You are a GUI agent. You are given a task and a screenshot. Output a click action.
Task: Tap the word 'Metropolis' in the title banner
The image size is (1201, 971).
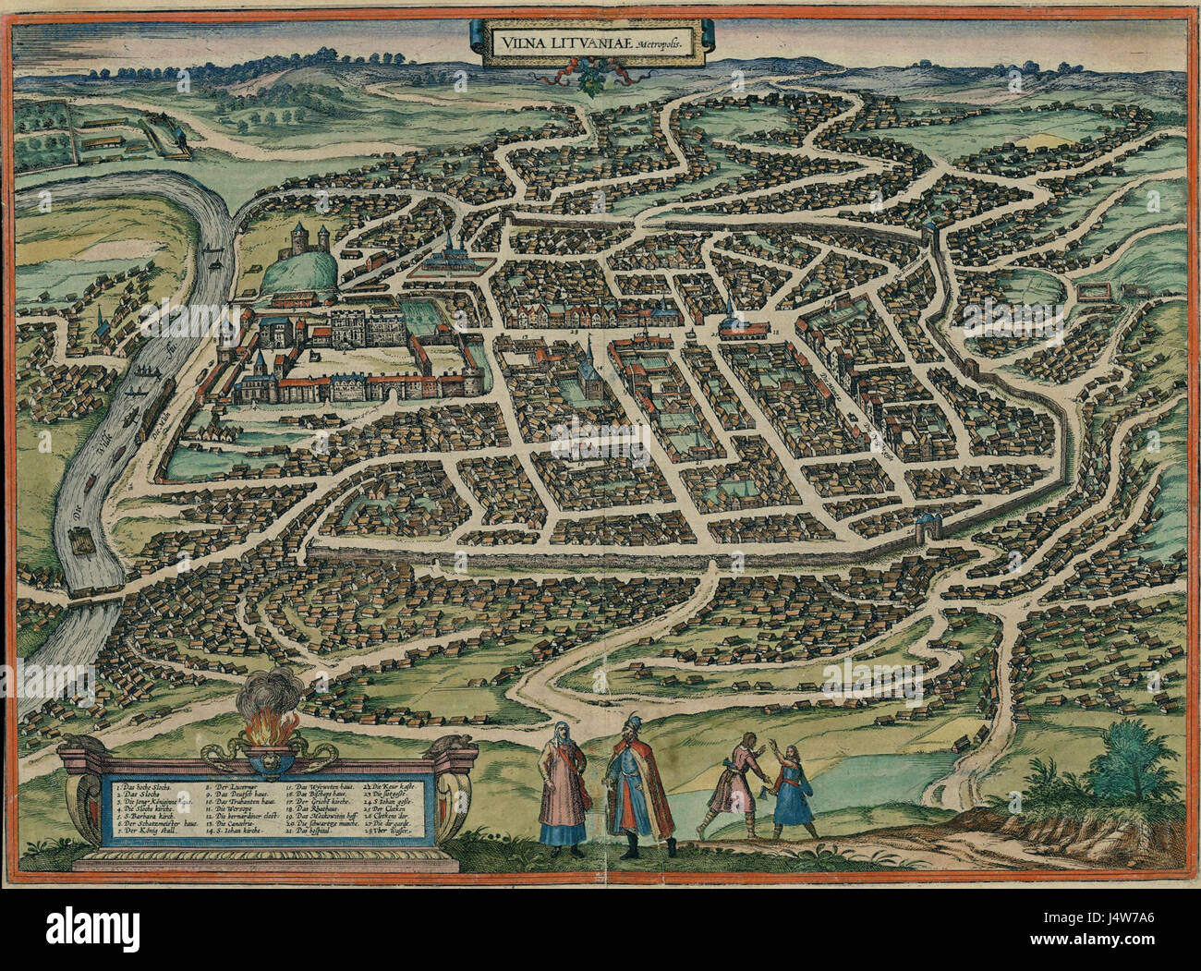(x=663, y=45)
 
